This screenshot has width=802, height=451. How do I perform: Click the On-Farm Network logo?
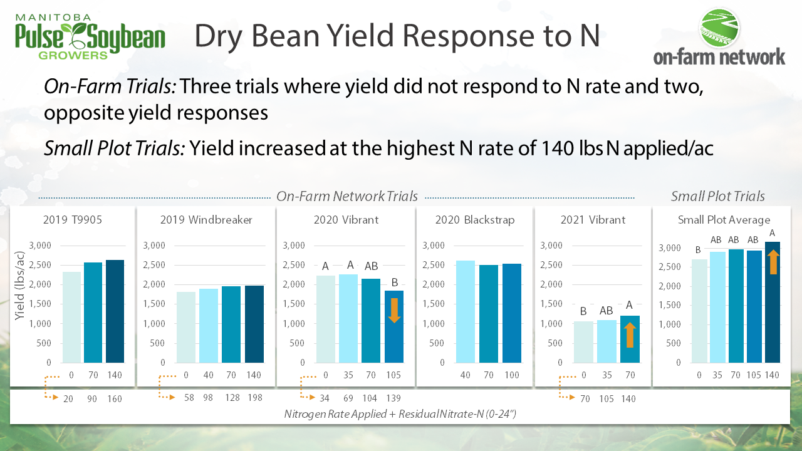tap(719, 38)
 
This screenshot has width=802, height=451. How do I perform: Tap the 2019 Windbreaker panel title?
tap(206, 220)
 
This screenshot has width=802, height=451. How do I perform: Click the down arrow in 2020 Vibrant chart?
tap(394, 310)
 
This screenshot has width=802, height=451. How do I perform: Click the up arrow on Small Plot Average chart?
tap(773, 261)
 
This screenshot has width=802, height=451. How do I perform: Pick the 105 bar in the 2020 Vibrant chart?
tap(394, 326)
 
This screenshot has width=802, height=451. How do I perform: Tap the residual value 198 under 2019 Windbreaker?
tap(254, 398)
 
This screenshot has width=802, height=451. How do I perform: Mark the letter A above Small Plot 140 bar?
tap(773, 233)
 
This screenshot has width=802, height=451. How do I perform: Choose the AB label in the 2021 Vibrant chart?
tap(607, 310)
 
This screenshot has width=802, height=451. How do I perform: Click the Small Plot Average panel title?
tap(724, 220)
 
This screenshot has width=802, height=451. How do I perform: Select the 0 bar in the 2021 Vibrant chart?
tap(583, 342)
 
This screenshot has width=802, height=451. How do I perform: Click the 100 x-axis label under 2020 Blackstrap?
tap(512, 375)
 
